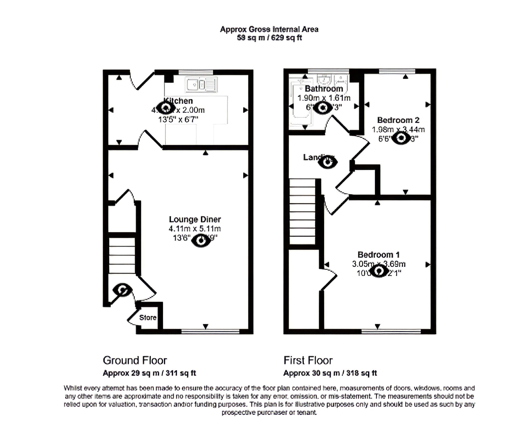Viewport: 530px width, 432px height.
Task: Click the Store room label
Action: tap(148, 317)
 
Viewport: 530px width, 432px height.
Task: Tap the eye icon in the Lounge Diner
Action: tap(201, 241)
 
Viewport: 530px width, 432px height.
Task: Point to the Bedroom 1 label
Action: tap(378, 255)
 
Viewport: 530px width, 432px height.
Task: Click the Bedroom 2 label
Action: tap(398, 120)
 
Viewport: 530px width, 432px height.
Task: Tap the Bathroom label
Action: tap(324, 89)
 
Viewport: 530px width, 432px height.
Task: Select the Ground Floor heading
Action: tap(135, 361)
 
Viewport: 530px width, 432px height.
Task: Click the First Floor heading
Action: tap(308, 361)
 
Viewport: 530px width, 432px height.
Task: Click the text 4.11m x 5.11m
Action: tap(195, 229)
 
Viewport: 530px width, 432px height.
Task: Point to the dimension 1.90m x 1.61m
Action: tap(324, 98)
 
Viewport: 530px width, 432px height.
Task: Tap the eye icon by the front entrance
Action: tap(122, 290)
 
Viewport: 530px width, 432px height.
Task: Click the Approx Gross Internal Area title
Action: tap(269, 29)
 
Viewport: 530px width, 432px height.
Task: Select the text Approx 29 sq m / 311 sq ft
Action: tap(149, 373)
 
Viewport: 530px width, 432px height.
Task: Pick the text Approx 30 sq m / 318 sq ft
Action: tap(330, 373)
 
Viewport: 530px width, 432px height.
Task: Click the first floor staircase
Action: tap(302, 211)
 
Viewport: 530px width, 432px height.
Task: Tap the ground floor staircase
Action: tap(122, 256)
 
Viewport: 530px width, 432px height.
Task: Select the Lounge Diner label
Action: tap(195, 219)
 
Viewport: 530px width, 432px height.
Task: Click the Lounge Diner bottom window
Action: tap(210, 332)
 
